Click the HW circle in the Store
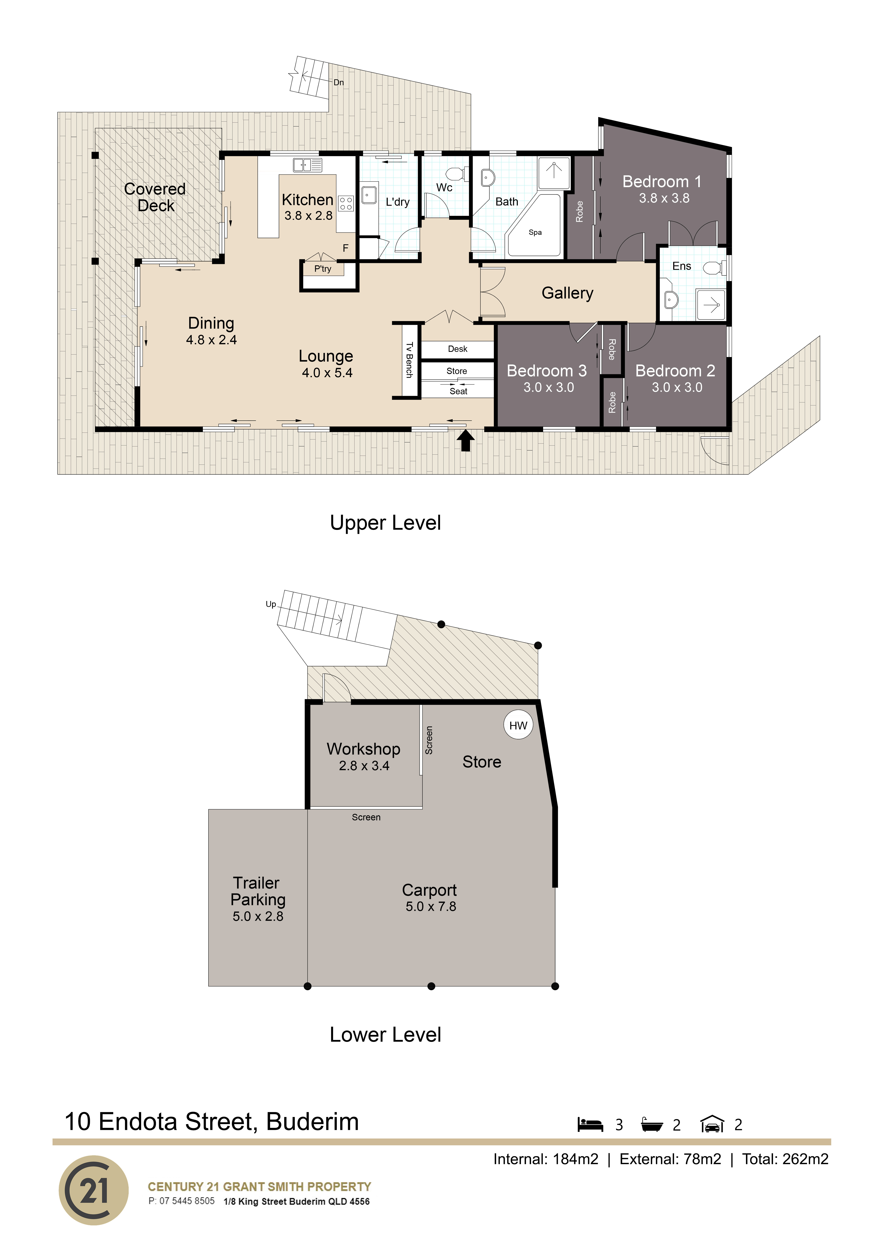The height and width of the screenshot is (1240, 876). (x=518, y=725)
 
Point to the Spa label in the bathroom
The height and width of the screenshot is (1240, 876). (x=535, y=232)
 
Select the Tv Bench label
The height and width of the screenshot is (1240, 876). (x=409, y=360)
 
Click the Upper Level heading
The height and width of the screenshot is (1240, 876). (x=385, y=523)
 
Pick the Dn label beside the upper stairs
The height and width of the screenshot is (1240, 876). (x=338, y=83)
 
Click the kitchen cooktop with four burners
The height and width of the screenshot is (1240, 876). (x=346, y=204)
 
